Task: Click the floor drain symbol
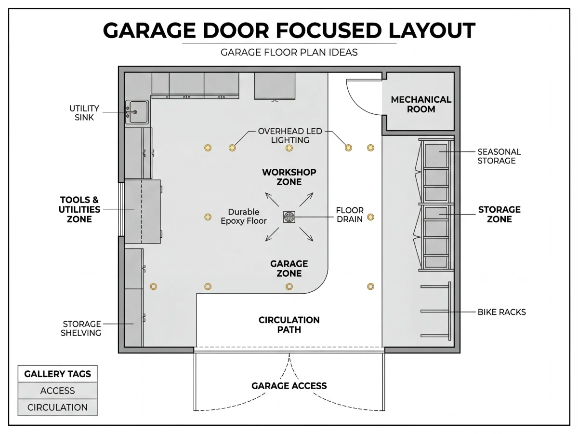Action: tap(289, 217)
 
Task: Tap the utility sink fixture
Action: tap(137, 112)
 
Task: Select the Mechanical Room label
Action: tap(421, 104)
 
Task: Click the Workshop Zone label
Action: tap(289, 177)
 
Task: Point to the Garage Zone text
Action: tap(289, 269)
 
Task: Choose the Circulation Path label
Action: tap(289, 325)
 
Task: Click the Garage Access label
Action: tap(289, 386)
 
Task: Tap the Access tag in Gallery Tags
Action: tap(57, 391)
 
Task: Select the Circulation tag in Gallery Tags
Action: tap(57, 407)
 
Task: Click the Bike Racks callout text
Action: tap(501, 312)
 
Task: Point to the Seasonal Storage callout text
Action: tap(499, 156)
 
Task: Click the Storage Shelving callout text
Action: tap(81, 328)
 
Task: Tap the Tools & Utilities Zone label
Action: tap(79, 209)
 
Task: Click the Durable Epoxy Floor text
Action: tap(244, 217)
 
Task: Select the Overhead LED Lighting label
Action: tap(290, 136)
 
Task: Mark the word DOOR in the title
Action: tap(236, 30)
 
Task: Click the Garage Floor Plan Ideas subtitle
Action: tap(289, 53)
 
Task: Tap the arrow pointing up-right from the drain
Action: tap(306, 200)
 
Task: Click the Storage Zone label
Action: tap(499, 214)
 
